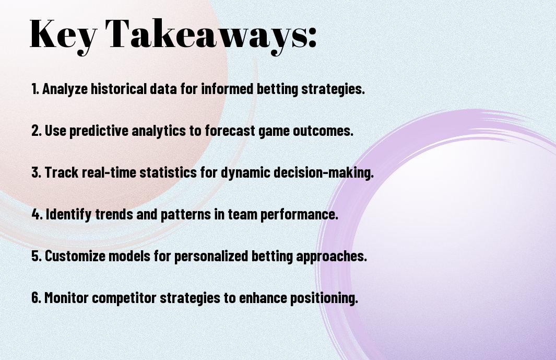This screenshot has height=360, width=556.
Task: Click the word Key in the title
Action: (63, 35)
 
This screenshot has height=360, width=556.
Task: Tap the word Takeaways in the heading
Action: (207, 35)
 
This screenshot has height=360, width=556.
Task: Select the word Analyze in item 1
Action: (65, 89)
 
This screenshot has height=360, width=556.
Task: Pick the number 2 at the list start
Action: (36, 131)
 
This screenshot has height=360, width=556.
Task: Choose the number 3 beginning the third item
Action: (36, 172)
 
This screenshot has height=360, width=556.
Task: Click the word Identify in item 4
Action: (68, 214)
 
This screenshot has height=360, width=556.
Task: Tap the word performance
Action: (299, 214)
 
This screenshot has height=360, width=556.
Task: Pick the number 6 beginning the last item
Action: (36, 297)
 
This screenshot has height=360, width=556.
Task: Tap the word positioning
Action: (324, 298)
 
